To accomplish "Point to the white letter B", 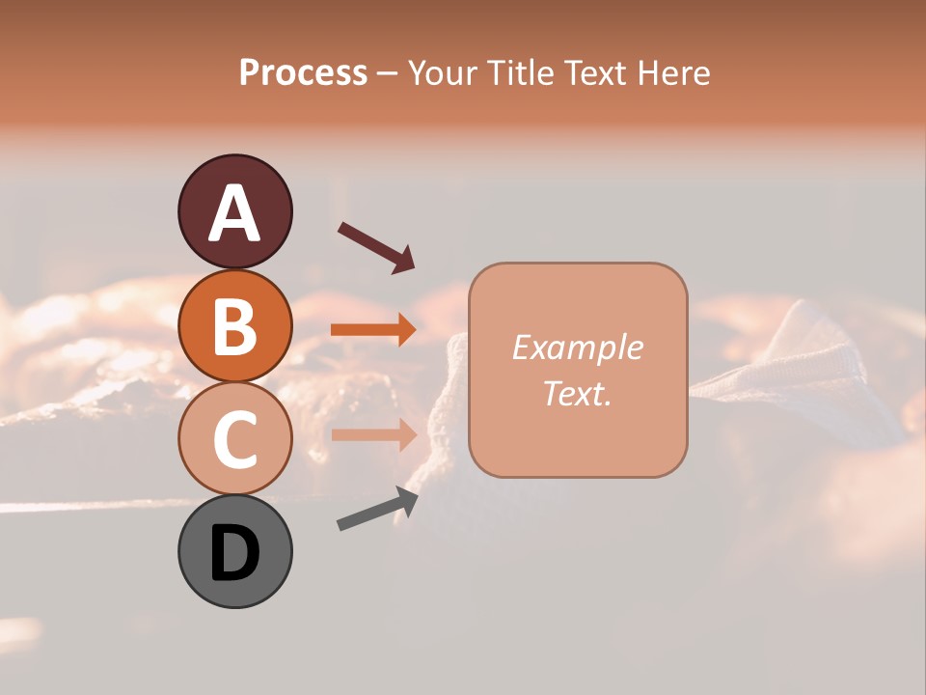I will pos(234,326).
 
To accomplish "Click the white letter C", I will pos(234,439).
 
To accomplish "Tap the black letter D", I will pos(234,553).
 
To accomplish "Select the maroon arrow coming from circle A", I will pos(376,246).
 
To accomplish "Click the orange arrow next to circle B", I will pos(373,329).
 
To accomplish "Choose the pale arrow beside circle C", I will pos(373,434).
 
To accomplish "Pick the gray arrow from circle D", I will pos(377,509).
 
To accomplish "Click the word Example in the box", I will pos(577,347).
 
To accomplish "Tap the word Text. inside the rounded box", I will pos(577,393).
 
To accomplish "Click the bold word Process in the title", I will pos(303,72).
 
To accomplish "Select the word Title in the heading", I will pos(522,72).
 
